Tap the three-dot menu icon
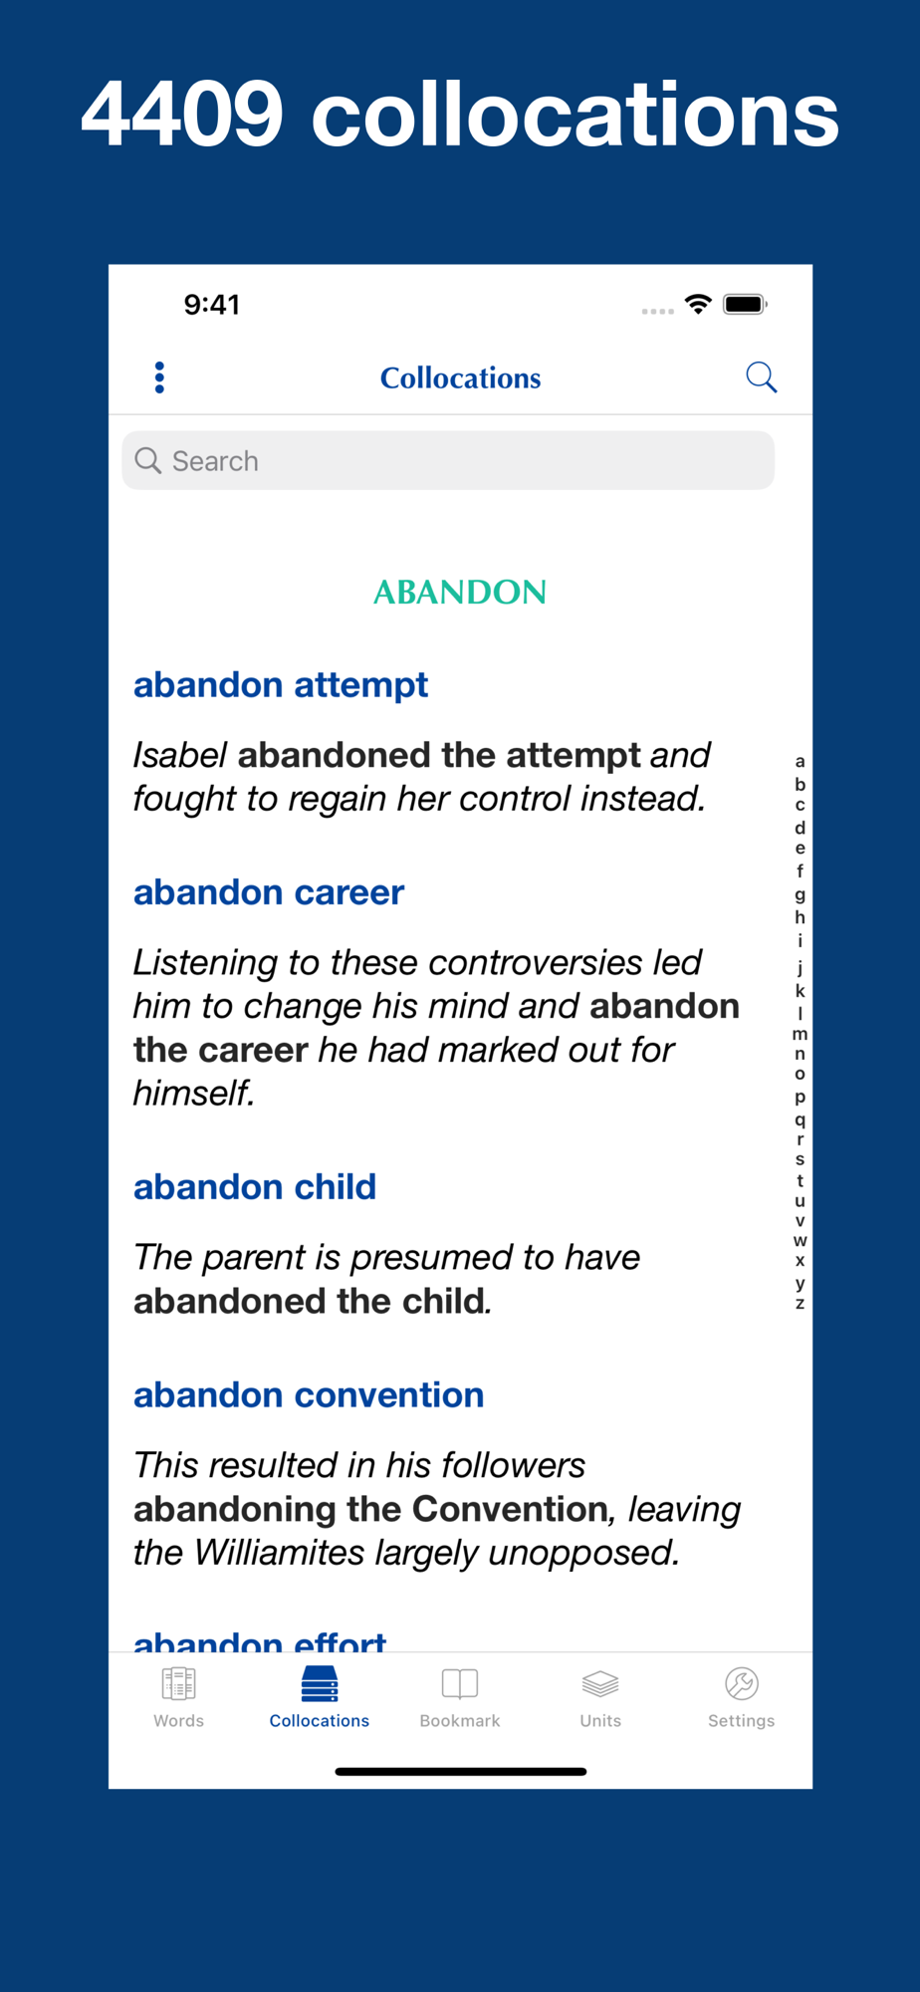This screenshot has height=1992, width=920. pyautogui.click(x=159, y=377)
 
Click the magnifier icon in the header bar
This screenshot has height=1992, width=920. pyautogui.click(x=762, y=377)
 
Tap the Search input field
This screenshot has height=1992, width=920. pyautogui.click(x=448, y=460)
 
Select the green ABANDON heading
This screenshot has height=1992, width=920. pyautogui.click(x=460, y=593)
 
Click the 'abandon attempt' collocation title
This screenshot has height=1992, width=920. pyautogui.click(x=281, y=685)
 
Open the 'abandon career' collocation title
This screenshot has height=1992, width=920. pyautogui.click(x=269, y=892)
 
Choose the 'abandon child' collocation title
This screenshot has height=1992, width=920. pyautogui.click(x=255, y=1187)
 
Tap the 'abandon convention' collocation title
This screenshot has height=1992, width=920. pyautogui.click(x=309, y=1395)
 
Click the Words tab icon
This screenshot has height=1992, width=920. pyautogui.click(x=179, y=1684)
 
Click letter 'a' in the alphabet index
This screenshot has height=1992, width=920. pyautogui.click(x=800, y=762)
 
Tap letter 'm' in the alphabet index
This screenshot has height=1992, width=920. pyautogui.click(x=800, y=1034)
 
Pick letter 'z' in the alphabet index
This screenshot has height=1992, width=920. pyautogui.click(x=800, y=1303)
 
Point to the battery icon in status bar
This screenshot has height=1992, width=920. pyautogui.click(x=746, y=304)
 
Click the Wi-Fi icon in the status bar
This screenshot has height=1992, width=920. pyautogui.click(x=698, y=304)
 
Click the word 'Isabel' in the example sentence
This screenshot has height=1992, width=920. pyautogui.click(x=180, y=755)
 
